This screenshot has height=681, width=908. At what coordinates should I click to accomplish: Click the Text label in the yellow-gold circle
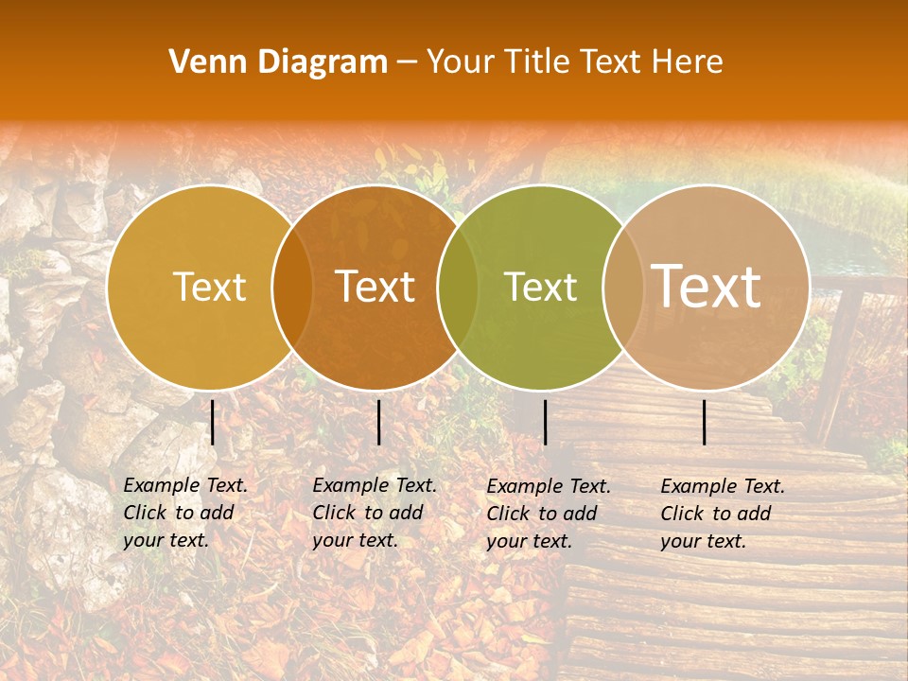coord(209,287)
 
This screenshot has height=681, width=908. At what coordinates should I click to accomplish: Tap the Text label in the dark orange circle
coord(375,287)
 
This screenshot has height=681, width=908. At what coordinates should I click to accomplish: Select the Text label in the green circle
coord(541,287)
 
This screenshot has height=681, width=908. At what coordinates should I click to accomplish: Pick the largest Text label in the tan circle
coord(707,287)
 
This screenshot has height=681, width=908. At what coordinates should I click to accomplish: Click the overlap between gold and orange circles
coord(292,288)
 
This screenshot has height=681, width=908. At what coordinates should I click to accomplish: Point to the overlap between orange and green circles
coord(458,288)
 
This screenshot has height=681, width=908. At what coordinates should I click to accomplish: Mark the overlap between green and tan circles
coord(623,288)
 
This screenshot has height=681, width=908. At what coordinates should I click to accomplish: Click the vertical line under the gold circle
coord(213,422)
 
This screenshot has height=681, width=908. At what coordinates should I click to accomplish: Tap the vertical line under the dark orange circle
coord(378,422)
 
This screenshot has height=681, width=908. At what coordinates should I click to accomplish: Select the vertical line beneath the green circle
coord(545,422)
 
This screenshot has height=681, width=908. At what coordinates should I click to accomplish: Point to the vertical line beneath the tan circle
coord(705,422)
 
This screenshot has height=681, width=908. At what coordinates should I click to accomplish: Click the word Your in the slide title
coord(460,62)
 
